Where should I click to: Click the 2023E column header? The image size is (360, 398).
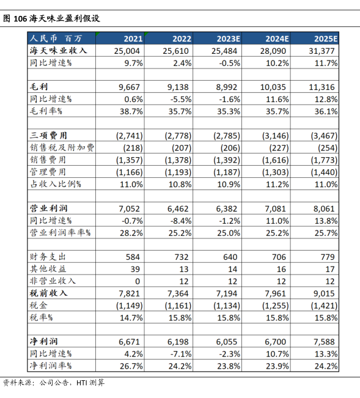pyautogui.click(x=229, y=39)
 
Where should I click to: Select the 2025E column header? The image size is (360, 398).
pyautogui.click(x=326, y=39)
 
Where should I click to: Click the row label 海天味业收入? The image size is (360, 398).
pyautogui.click(x=58, y=51)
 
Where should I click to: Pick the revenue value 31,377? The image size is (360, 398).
pyautogui.click(x=321, y=51)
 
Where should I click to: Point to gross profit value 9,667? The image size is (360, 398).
pyautogui.click(x=129, y=87)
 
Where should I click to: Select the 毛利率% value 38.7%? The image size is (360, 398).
pyautogui.click(x=131, y=111)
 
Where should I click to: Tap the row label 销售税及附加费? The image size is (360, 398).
pyautogui.click(x=62, y=147)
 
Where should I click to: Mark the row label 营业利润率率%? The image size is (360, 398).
pyautogui.click(x=60, y=232)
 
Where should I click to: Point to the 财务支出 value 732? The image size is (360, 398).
pyautogui.click(x=182, y=257)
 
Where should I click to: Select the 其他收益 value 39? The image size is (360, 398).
pyautogui.click(x=135, y=269)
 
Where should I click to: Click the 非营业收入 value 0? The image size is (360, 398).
pyautogui.click(x=138, y=281)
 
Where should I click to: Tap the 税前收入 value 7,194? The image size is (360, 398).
pyautogui.click(x=227, y=293)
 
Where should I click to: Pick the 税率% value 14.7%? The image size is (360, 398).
pyautogui.click(x=131, y=317)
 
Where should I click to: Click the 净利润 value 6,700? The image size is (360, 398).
pyautogui.click(x=275, y=342)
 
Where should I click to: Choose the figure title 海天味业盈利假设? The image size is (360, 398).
pyautogui.click(x=64, y=18)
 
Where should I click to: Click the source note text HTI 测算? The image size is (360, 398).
pyautogui.click(x=90, y=383)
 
